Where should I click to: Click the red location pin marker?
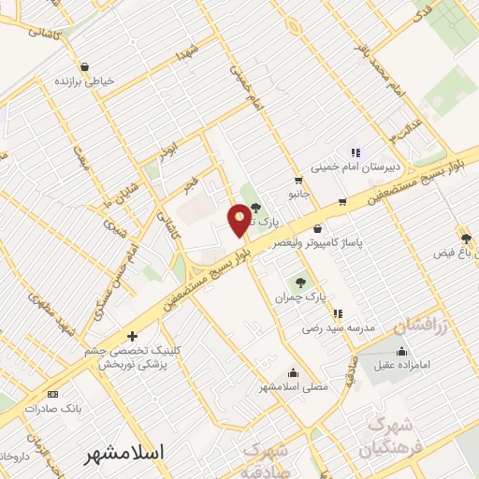[x=239, y=221]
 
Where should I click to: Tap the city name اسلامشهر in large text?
[x=123, y=453]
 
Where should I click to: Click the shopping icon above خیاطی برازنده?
[x=85, y=66]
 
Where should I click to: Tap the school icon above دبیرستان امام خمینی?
[x=355, y=152]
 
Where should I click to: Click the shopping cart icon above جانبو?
[x=298, y=181]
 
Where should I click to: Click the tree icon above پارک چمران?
[x=300, y=283]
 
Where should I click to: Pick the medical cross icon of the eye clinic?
[x=132, y=335]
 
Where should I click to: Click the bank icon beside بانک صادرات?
[x=52, y=395]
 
